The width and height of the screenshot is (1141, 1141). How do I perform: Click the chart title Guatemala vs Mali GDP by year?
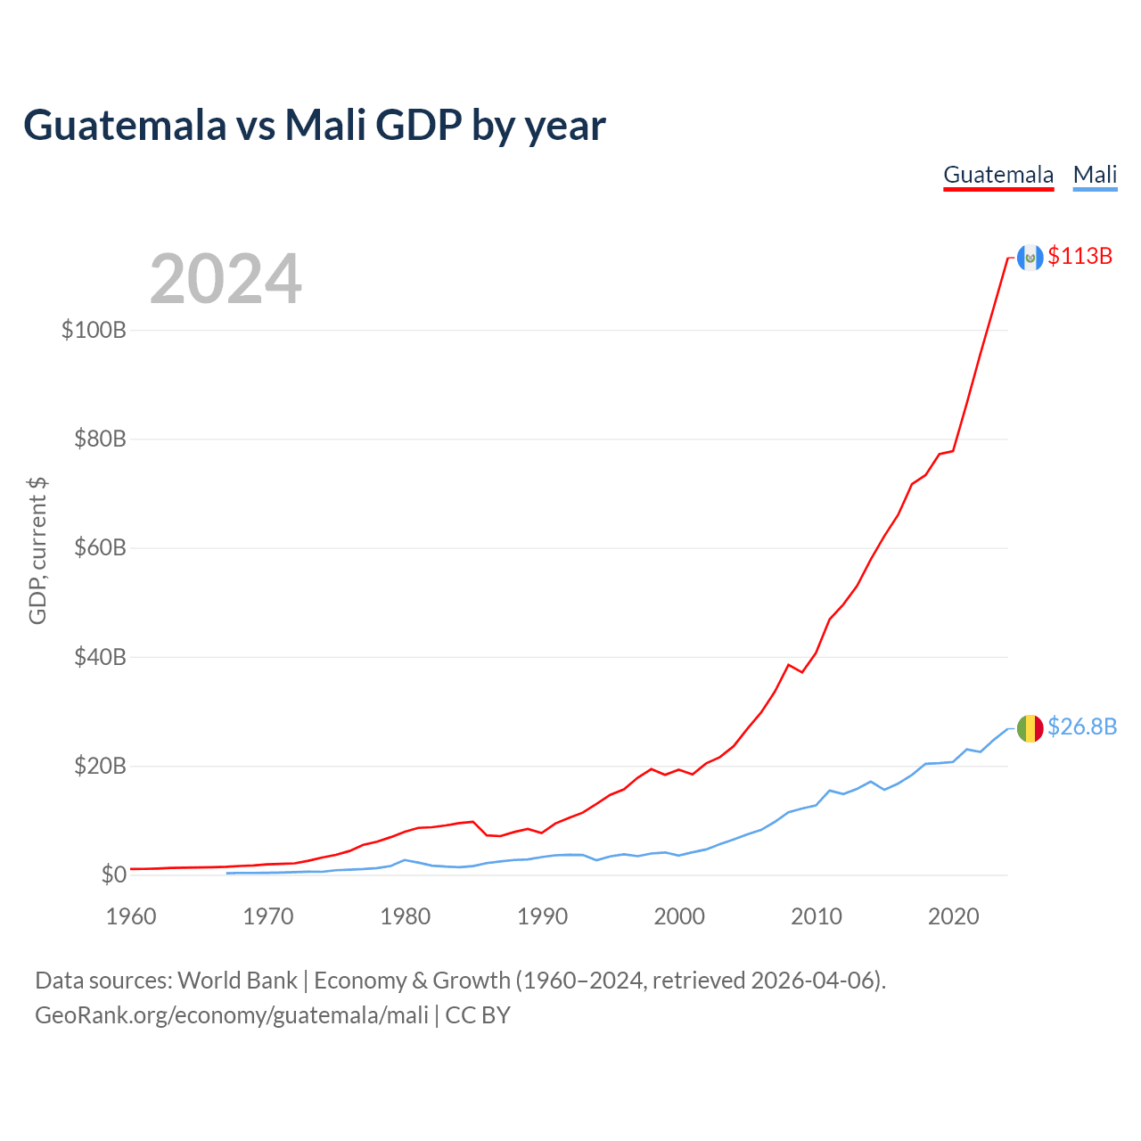click(x=314, y=126)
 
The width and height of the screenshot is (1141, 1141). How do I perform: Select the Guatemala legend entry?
click(x=998, y=175)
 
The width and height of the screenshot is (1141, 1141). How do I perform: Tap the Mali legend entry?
click(x=1095, y=175)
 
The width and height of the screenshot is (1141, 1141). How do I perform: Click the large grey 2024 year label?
click(x=226, y=279)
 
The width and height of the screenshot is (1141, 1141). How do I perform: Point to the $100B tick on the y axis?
click(x=94, y=331)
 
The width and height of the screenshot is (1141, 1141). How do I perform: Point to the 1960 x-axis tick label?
click(x=131, y=916)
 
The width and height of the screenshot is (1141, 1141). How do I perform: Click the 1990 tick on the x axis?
click(x=542, y=916)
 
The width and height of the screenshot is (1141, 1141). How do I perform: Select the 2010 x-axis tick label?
click(x=816, y=916)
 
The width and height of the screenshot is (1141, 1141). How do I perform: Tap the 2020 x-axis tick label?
click(x=953, y=916)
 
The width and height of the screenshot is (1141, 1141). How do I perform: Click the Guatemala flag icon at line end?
click(x=1030, y=258)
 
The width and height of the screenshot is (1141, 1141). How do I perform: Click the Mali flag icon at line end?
click(x=1030, y=728)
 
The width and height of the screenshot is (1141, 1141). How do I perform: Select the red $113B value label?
click(x=1079, y=257)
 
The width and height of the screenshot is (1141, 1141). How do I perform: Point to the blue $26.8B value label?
click(x=1081, y=727)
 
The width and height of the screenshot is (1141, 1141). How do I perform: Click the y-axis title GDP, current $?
click(x=37, y=551)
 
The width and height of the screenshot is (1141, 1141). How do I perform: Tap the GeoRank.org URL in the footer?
click(x=232, y=1015)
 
